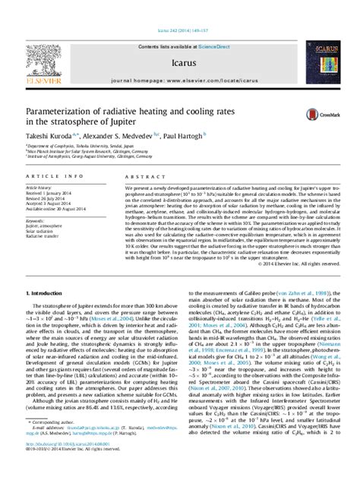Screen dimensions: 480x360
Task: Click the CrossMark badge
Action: coord(314,115)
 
